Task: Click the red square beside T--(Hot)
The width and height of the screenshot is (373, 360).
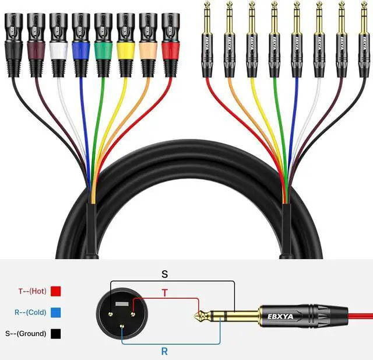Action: click(57, 290)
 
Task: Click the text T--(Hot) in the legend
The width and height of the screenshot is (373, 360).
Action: click(31, 290)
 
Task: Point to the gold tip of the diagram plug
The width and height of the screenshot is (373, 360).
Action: click(199, 317)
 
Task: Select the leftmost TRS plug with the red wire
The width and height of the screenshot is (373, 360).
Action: click(207, 41)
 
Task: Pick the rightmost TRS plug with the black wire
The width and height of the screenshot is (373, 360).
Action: click(363, 41)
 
